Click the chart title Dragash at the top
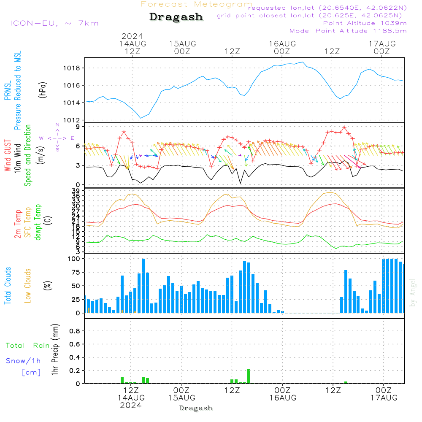(x=176, y=17)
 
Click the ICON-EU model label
(x=54, y=23)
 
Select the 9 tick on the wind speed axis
(x=78, y=127)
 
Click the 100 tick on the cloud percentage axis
(x=74, y=259)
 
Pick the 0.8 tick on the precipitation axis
(x=75, y=331)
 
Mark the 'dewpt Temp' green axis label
(x=38, y=222)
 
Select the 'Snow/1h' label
(x=23, y=361)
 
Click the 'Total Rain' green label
(x=27, y=345)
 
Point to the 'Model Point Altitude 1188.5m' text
(x=348, y=31)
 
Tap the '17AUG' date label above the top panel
(x=382, y=43)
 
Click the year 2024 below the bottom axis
(x=131, y=405)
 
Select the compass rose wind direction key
(x=57, y=138)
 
